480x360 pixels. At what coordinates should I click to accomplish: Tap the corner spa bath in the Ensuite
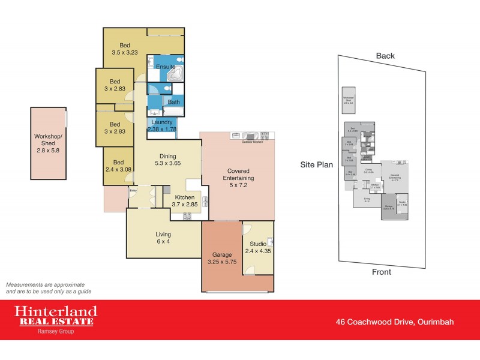[175, 74]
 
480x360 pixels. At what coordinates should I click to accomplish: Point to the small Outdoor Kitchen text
[252, 142]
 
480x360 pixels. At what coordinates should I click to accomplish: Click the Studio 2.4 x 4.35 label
[259, 247]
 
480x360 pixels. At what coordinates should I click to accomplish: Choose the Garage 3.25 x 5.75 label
[222, 259]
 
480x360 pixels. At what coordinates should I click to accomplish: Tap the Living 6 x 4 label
[163, 238]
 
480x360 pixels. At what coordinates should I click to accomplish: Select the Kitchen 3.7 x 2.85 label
[184, 201]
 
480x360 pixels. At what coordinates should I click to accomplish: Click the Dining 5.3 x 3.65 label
[167, 158]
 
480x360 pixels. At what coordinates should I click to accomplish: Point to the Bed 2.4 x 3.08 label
[118, 166]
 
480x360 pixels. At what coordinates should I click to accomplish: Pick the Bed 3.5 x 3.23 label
[125, 49]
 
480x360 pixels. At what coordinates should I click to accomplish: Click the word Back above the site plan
[385, 56]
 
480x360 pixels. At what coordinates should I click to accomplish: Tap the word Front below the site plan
[382, 272]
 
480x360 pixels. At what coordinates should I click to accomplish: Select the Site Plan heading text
[317, 164]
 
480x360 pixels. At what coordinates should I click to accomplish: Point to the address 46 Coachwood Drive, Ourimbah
[394, 322]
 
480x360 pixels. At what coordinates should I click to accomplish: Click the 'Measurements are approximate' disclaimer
[45, 287]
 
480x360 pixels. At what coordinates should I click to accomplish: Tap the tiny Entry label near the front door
[133, 191]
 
